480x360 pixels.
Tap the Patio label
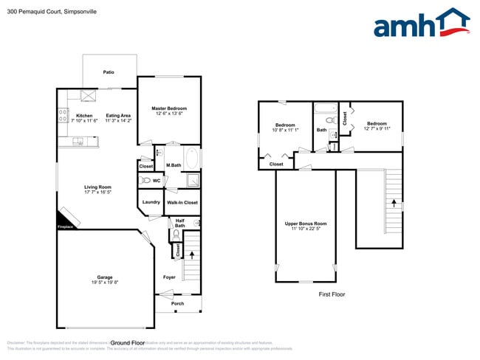[x=109, y=72]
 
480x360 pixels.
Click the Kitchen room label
[x=84, y=116]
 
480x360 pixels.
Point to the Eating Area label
[x=118, y=116]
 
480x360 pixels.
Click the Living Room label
[x=97, y=187]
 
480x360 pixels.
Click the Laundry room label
[x=151, y=202]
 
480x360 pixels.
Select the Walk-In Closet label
[x=181, y=202]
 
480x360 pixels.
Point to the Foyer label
[x=168, y=277]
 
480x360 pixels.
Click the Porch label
[x=177, y=303]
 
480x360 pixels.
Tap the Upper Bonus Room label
[x=306, y=224]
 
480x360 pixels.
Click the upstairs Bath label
[x=321, y=130]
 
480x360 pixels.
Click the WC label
[x=157, y=180]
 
